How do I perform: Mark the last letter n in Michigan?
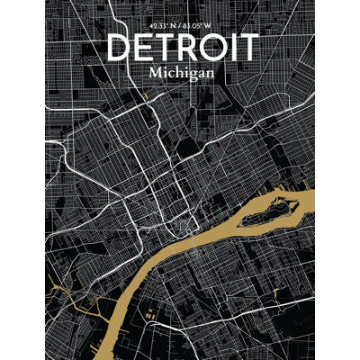[x=210, y=72]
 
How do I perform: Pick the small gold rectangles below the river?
[x=148, y=314]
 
